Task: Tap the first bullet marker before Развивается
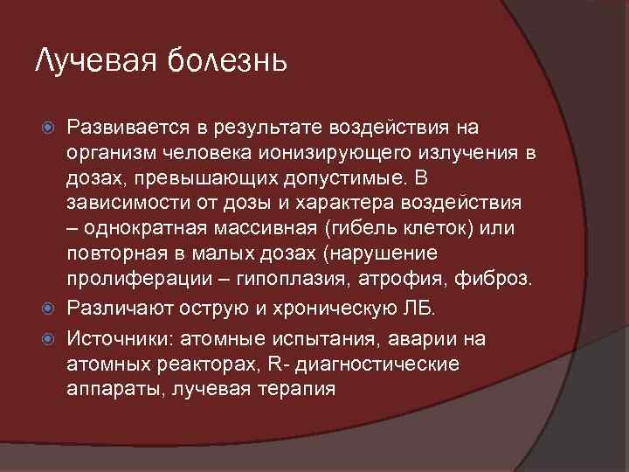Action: click(x=50, y=128)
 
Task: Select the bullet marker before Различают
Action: click(x=50, y=309)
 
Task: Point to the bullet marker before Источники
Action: click(x=50, y=338)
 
